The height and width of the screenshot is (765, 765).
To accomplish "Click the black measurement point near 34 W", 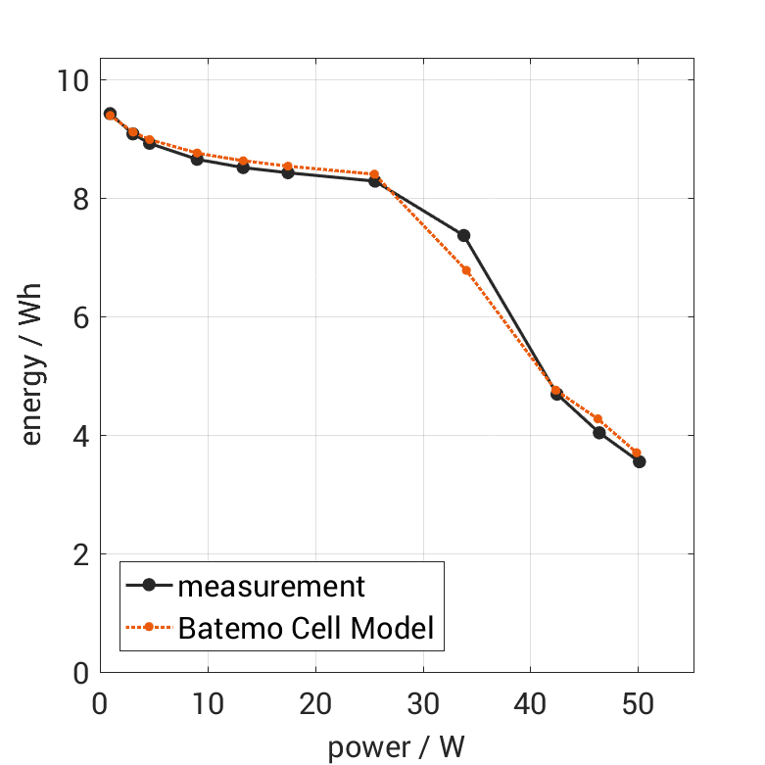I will click(463, 235).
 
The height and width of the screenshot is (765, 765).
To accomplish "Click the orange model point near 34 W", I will click(466, 270).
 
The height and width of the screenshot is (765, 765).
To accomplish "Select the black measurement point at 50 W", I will click(639, 461).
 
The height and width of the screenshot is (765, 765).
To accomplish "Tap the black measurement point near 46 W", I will click(598, 432).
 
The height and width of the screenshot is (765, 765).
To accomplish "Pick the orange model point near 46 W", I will click(598, 419).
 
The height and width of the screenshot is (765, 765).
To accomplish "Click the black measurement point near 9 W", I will click(197, 159).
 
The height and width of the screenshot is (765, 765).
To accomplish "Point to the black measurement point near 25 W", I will click(374, 181).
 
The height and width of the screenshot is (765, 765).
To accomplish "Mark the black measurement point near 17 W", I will click(288, 172).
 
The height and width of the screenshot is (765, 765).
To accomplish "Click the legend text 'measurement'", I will click(271, 587).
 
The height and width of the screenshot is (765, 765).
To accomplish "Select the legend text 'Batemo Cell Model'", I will click(306, 628).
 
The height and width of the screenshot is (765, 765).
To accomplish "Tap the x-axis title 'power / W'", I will click(396, 748).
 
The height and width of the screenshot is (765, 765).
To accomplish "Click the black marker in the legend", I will click(149, 586).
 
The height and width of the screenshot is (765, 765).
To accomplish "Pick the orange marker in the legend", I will click(149, 628).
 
